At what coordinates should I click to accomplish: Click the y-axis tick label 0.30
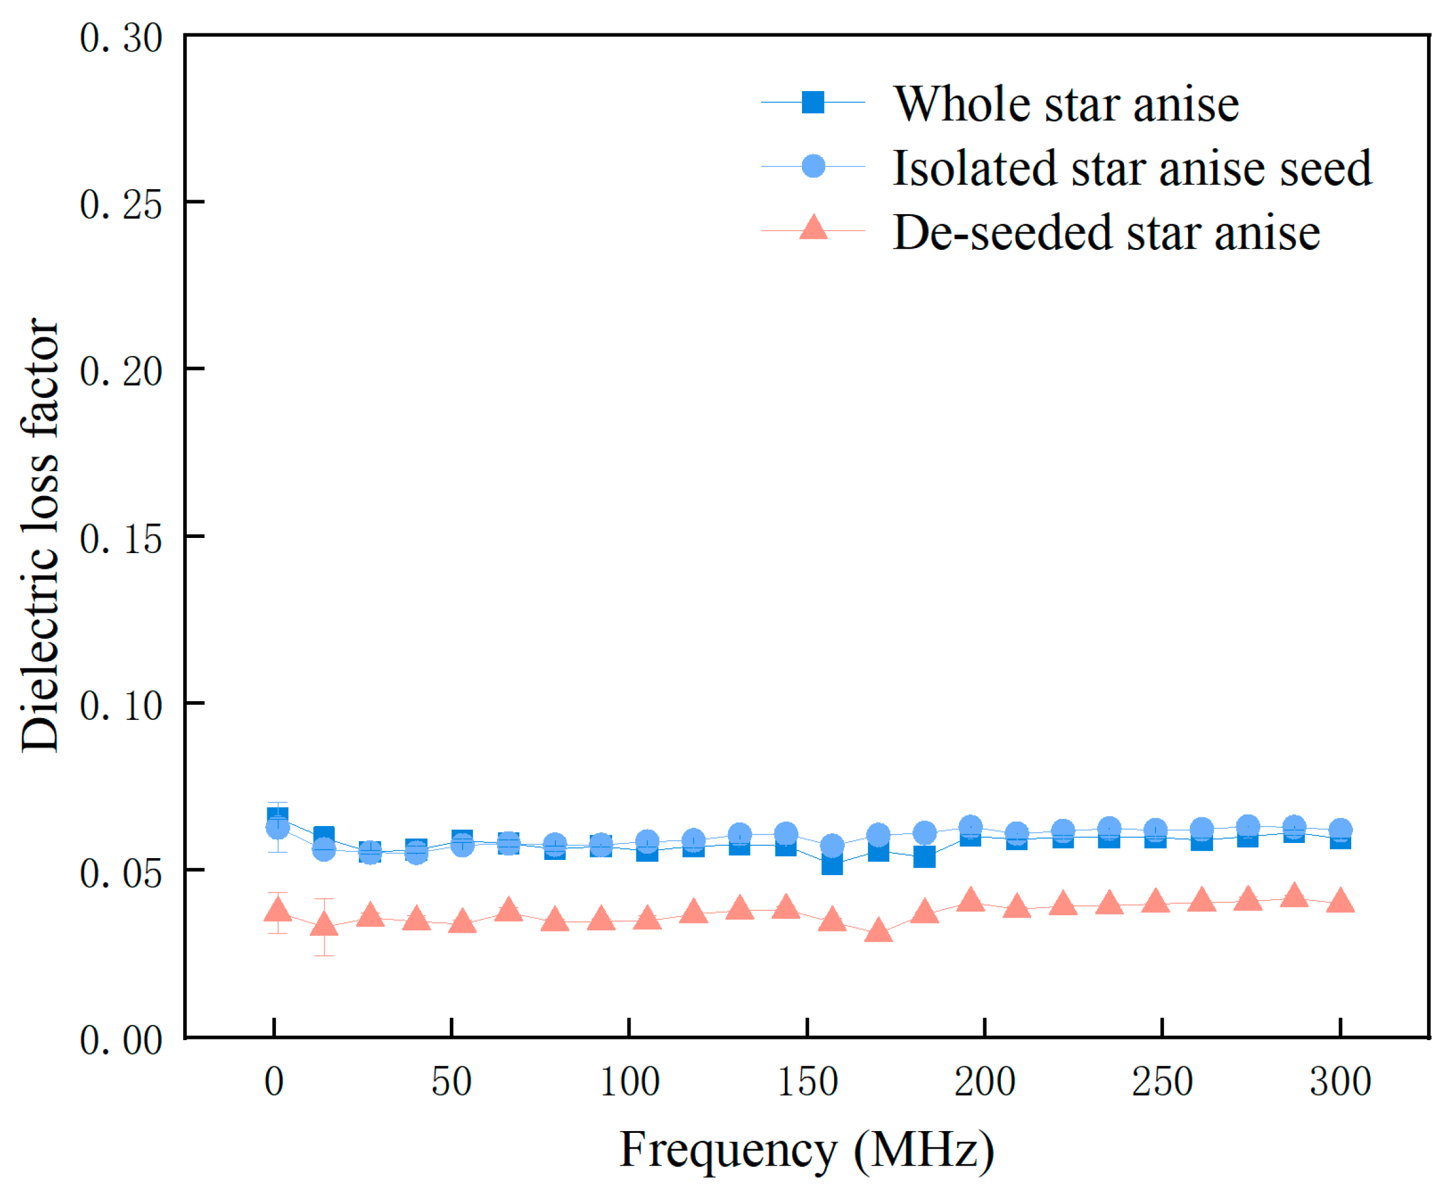(x=121, y=38)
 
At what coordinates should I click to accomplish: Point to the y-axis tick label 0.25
(x=121, y=204)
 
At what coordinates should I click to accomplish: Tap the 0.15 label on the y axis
(x=121, y=539)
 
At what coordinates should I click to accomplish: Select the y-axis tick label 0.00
(x=121, y=1039)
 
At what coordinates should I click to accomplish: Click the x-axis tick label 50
(x=452, y=1082)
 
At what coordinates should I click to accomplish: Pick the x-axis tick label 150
(x=807, y=1082)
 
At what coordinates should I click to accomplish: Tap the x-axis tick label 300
(x=1340, y=1082)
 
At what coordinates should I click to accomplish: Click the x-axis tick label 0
(x=274, y=1082)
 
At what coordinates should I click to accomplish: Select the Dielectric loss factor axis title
(x=39, y=536)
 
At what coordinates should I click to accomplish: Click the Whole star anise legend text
(x=1066, y=104)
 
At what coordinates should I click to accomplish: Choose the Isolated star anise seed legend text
(x=1132, y=168)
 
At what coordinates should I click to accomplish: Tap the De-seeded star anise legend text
(x=1106, y=232)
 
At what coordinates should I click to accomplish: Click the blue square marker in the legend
(x=814, y=102)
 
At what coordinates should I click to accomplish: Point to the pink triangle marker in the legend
(x=814, y=227)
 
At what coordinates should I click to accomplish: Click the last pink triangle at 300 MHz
(x=1340, y=901)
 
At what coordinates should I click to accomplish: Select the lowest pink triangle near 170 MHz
(x=878, y=931)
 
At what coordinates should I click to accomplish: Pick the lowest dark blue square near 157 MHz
(x=832, y=864)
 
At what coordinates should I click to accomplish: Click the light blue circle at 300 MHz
(x=1340, y=830)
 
